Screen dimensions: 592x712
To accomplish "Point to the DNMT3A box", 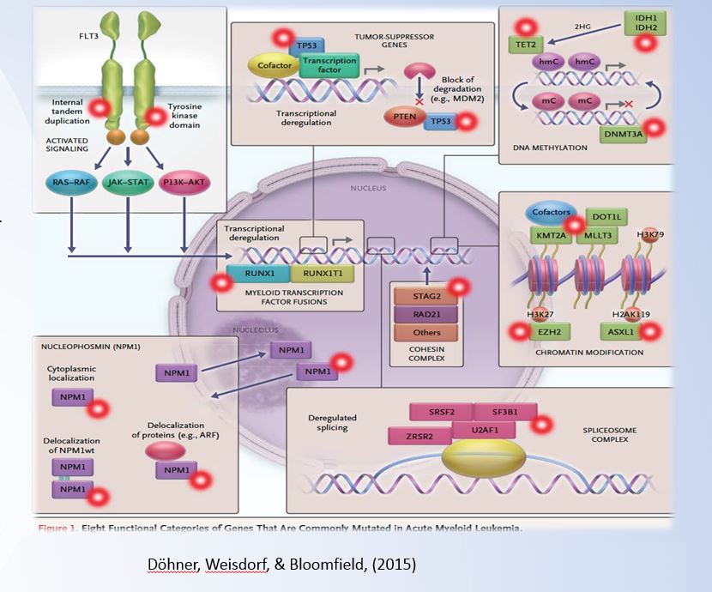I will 624,133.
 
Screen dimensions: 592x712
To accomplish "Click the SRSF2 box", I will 436,413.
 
